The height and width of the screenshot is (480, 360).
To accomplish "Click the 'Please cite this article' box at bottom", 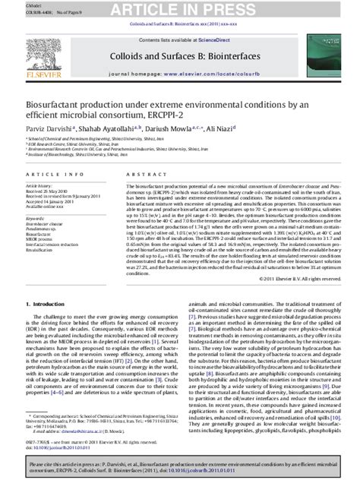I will [x=180, y=465].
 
